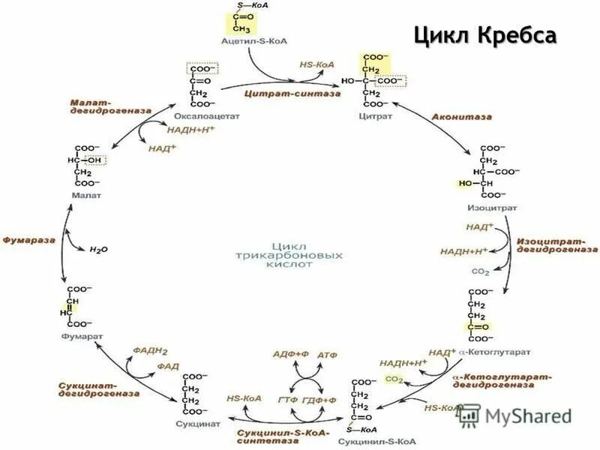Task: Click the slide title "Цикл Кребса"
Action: tap(485, 37)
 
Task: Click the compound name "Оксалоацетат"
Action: tap(200, 118)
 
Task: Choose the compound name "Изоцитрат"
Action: tap(487, 207)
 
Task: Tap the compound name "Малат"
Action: tap(86, 195)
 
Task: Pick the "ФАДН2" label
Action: tap(150, 350)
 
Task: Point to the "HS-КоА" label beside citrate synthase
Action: tap(316, 65)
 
